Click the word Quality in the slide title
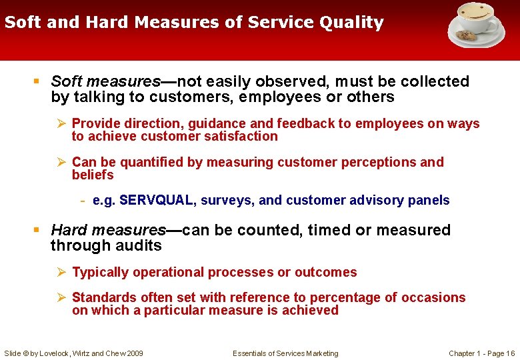click(x=351, y=23)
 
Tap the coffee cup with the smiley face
click(x=474, y=19)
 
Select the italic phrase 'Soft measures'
click(x=105, y=82)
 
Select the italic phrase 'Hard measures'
click(x=108, y=231)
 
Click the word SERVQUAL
click(x=149, y=201)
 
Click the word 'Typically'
click(x=100, y=273)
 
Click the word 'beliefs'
click(x=93, y=175)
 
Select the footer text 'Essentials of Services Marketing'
click(x=285, y=353)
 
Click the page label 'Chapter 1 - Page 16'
click(x=481, y=353)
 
